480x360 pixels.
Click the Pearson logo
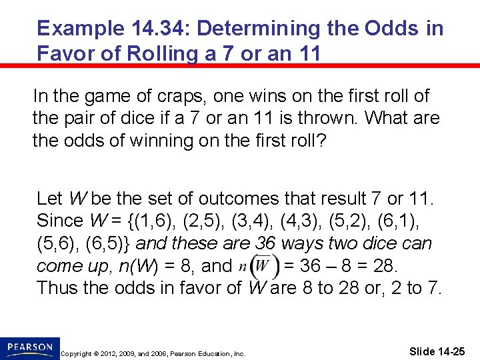click(x=29, y=347)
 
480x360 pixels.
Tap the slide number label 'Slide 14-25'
click(x=437, y=351)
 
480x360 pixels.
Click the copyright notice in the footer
click(x=153, y=353)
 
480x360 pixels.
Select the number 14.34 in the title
click(x=155, y=29)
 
